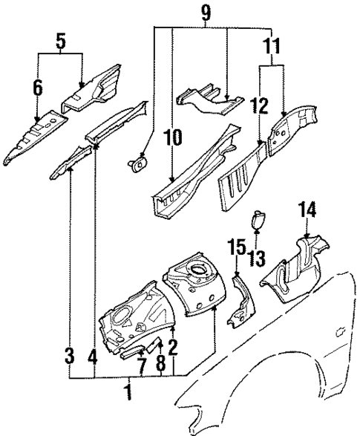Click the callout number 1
pyautogui.click(x=128, y=390)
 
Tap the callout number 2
pyautogui.click(x=174, y=346)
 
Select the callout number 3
pyautogui.click(x=69, y=357)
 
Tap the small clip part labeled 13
pyautogui.click(x=257, y=220)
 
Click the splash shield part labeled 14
pyautogui.click(x=296, y=267)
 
